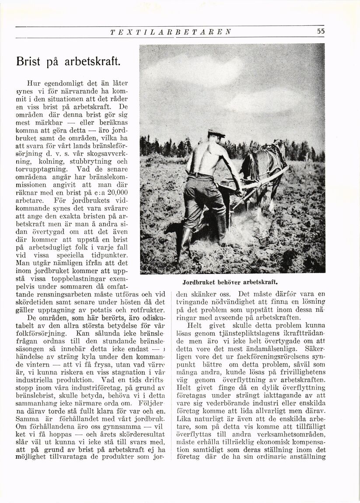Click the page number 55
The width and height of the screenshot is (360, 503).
tap(321, 31)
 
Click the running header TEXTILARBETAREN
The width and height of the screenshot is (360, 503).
tap(171, 32)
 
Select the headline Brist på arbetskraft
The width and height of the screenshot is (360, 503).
tap(67, 60)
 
